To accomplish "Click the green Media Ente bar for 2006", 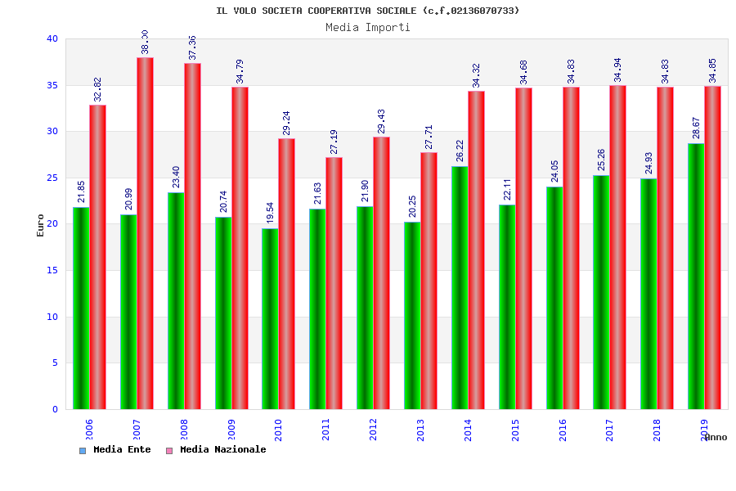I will [81, 308].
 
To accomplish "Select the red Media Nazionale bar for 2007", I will [145, 233].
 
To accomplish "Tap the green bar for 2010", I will [270, 318].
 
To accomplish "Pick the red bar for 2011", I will [334, 283].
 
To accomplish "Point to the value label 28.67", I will [697, 128].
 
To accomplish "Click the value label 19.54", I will [271, 213].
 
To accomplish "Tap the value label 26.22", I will [460, 151].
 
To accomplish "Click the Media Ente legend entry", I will [115, 449].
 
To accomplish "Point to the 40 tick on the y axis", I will [52, 38].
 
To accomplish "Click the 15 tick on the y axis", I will [52, 270].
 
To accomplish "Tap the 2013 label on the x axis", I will [421, 430].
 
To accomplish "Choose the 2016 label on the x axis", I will [563, 430].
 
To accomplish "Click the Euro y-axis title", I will [41, 224].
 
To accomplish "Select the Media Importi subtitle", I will [368, 27].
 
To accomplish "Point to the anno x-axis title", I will [716, 437].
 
